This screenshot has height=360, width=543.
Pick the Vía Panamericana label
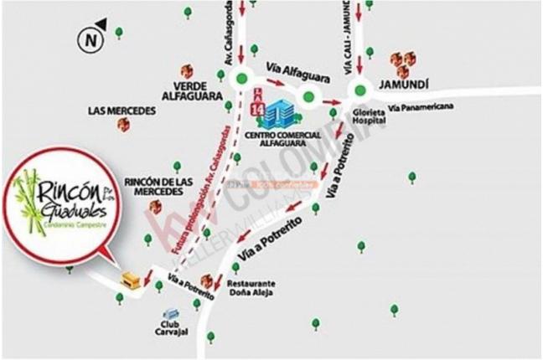click(422, 106)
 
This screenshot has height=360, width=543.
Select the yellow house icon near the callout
click(130, 280)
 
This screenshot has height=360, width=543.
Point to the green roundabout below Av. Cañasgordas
click(241, 80)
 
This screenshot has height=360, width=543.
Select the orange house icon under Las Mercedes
click(123, 125)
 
